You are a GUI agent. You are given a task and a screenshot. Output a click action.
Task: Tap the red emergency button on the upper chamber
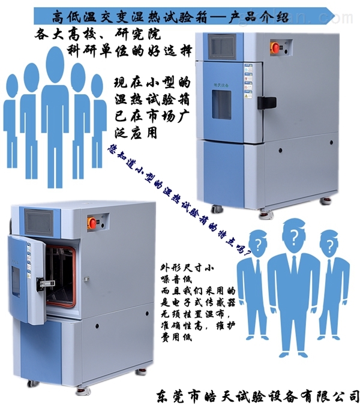click(x=276, y=47)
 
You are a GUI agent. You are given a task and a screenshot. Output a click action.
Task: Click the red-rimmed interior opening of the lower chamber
click(x=61, y=274)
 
